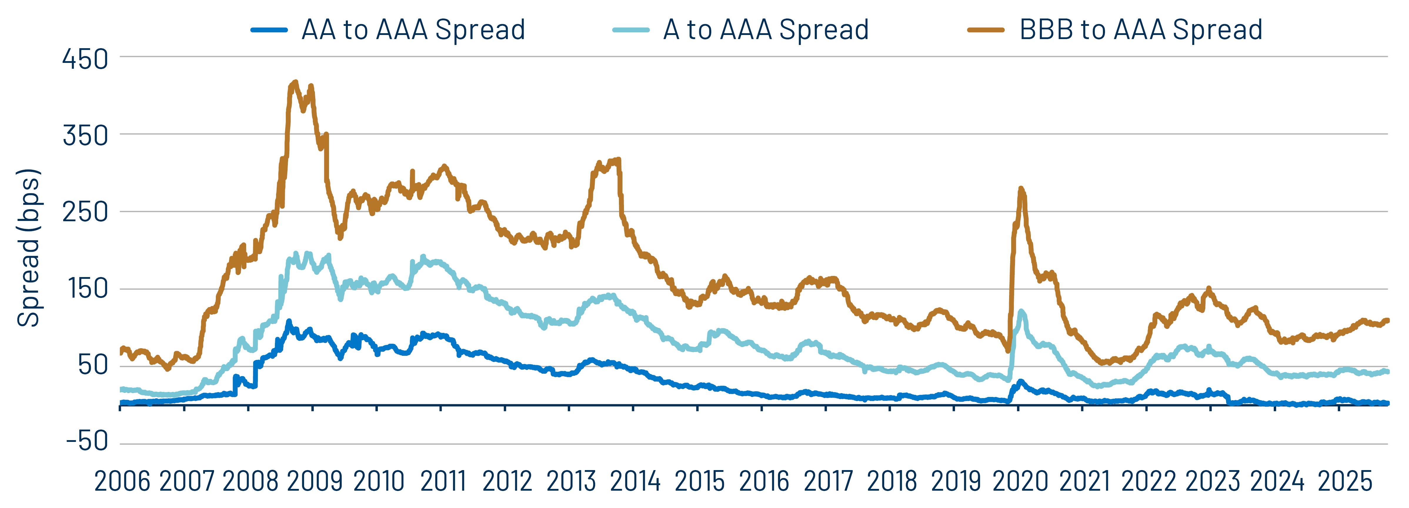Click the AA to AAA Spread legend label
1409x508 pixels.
(x=413, y=30)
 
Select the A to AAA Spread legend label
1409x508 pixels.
(x=766, y=30)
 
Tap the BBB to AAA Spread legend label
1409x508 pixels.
(x=1141, y=30)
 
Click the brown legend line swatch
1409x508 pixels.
(x=986, y=30)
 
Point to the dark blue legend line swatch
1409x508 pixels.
(x=269, y=30)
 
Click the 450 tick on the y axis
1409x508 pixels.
(x=85, y=59)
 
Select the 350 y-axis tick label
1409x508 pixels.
(x=85, y=136)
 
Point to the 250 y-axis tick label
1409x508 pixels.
(x=85, y=212)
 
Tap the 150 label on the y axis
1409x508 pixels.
(x=88, y=289)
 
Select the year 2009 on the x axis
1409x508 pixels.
(x=315, y=481)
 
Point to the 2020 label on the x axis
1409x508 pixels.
(x=1020, y=481)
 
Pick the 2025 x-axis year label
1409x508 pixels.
(x=1344, y=481)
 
